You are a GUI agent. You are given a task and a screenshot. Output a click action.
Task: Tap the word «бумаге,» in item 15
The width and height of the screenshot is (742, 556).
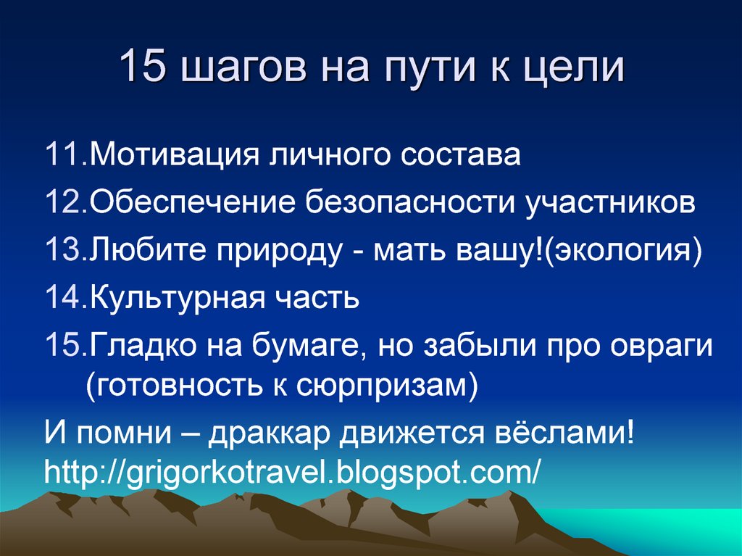(x=311, y=347)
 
